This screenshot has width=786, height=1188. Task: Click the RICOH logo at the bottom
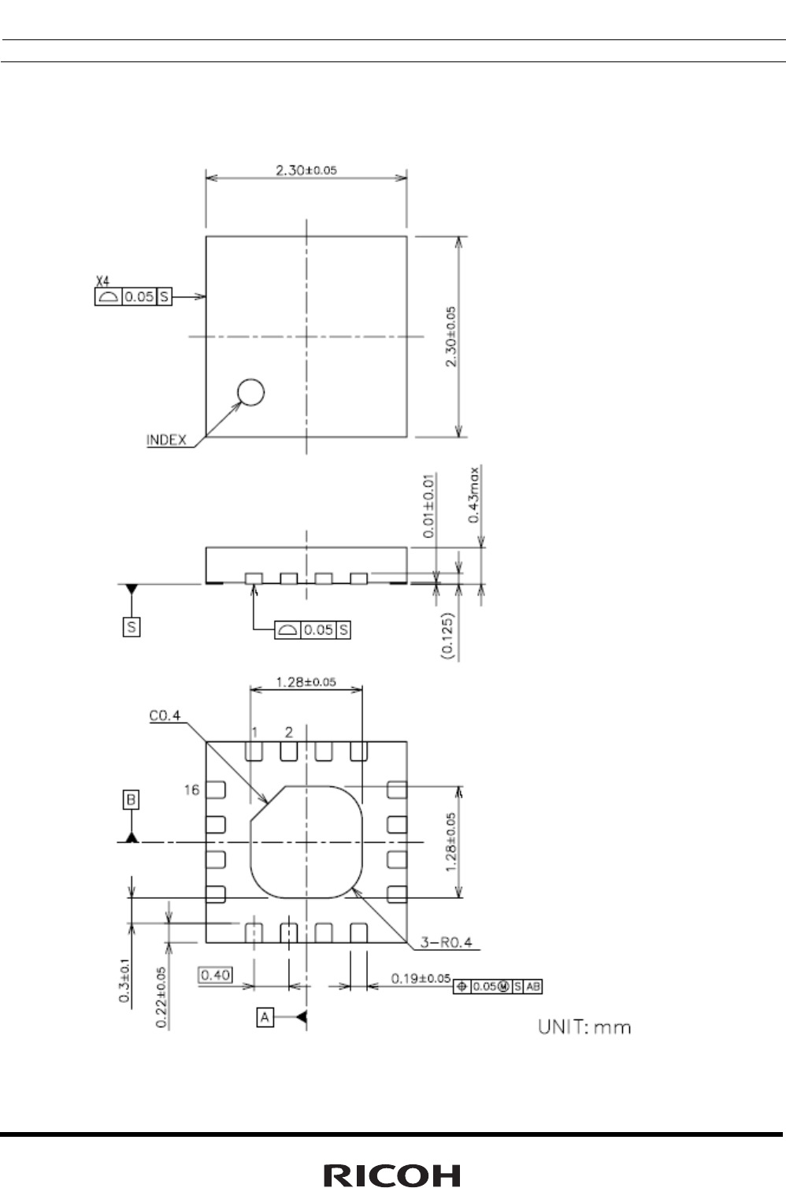tap(392, 1175)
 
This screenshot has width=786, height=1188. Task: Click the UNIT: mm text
tap(584, 1027)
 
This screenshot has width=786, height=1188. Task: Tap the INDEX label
tap(166, 440)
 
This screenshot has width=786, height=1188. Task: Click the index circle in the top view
tap(250, 392)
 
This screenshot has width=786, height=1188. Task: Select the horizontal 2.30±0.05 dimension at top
tap(306, 169)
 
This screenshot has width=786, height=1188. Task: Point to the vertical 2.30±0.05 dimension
tap(450, 336)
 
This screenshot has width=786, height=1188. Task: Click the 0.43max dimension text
tap(474, 495)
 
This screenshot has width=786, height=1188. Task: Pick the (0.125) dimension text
tap(447, 635)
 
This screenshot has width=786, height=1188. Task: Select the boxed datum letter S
tap(132, 627)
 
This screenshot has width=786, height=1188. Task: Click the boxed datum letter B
tap(132, 800)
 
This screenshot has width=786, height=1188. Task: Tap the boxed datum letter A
tap(265, 1018)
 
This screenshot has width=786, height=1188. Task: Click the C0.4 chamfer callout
tap(165, 715)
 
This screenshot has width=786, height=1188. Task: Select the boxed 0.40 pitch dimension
tap(214, 975)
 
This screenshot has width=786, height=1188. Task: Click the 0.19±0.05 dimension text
tap(421, 978)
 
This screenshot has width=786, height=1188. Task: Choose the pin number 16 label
tap(192, 789)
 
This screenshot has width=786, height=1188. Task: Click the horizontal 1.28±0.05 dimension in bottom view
tap(306, 682)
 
